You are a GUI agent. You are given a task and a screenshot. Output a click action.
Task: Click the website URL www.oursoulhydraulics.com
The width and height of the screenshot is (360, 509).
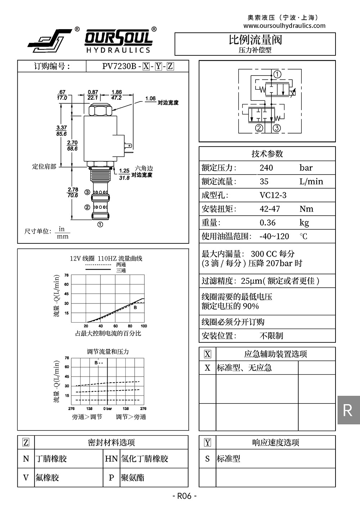[x=284, y=26]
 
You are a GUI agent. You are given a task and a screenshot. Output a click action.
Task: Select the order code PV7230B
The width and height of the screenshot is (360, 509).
[x=119, y=66]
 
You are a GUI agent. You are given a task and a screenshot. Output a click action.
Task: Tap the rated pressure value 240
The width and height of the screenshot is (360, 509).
[x=266, y=168]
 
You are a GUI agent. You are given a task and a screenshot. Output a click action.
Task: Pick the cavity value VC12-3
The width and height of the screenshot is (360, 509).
[x=273, y=195]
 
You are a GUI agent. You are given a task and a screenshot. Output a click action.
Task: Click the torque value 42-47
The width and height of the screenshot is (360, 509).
[x=270, y=209]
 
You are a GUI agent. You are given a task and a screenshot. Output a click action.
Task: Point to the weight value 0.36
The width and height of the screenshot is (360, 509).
[x=267, y=222]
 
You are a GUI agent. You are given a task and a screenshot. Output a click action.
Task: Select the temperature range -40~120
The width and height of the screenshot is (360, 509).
[x=274, y=236]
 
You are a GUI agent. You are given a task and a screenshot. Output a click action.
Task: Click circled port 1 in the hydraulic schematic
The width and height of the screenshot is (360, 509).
[x=278, y=75]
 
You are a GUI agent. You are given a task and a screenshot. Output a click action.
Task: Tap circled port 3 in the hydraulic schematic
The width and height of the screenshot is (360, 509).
[x=276, y=128]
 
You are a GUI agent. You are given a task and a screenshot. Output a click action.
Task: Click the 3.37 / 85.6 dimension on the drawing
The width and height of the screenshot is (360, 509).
[x=62, y=130]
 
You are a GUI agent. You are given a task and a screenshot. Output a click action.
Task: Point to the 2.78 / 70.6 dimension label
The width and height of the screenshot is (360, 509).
[x=73, y=192]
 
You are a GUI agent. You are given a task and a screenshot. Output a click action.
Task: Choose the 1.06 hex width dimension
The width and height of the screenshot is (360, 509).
[x=150, y=99]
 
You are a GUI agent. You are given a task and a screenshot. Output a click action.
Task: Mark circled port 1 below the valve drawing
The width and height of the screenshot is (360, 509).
[x=100, y=225]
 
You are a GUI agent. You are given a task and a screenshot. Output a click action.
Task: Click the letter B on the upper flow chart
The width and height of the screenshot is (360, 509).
[x=135, y=307]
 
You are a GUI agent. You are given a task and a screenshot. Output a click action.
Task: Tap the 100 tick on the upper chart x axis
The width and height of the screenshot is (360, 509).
[x=144, y=326]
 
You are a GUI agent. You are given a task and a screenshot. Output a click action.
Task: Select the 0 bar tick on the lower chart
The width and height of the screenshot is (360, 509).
[x=107, y=409]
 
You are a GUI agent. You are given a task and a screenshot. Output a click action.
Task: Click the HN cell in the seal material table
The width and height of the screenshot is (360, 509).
[x=111, y=459]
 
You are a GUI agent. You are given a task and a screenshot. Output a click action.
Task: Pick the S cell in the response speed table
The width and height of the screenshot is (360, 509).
[x=207, y=459]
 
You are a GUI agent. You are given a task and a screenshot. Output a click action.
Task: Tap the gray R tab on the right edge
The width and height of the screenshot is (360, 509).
[x=348, y=410]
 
